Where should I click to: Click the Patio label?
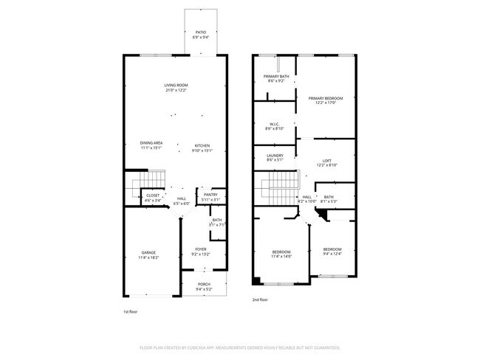tap(200, 32)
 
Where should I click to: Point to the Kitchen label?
tap(202, 146)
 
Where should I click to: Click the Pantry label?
tap(210, 195)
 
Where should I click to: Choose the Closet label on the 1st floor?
tap(152, 195)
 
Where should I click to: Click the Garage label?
tap(148, 252)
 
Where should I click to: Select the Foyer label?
tap(200, 249)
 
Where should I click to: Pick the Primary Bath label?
tap(275, 76)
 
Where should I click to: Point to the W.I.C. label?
tap(274, 124)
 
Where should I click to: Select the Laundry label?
tap(275, 155)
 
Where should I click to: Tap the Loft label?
tap(326, 161)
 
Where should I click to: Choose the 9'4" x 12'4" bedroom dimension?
tap(332, 254)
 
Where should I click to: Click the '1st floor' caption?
tap(131, 312)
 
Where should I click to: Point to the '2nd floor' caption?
tap(259, 300)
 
